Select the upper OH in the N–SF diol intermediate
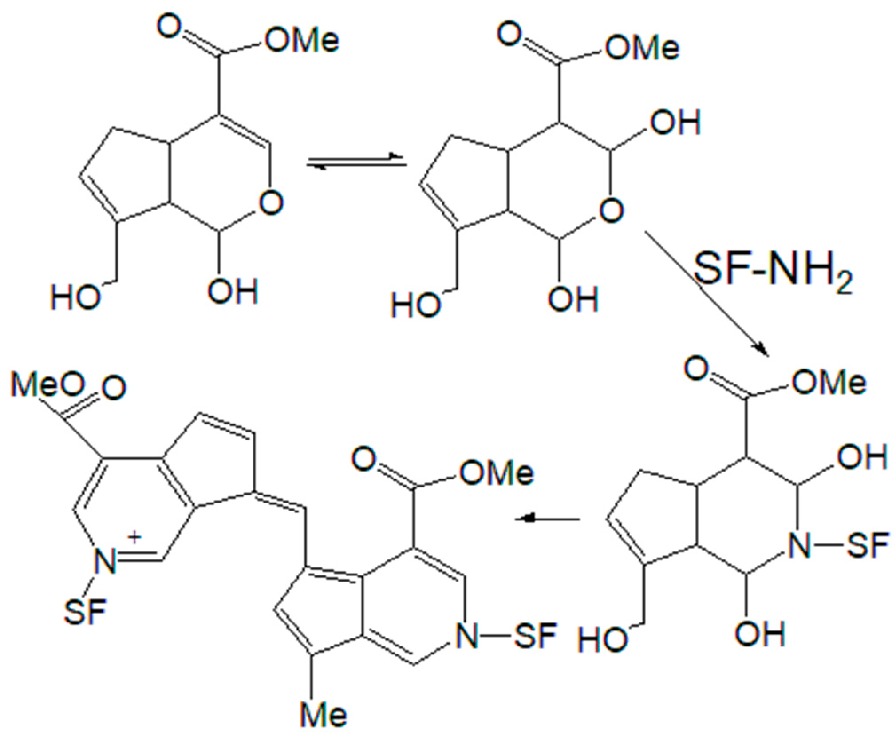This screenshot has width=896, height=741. (x=862, y=455)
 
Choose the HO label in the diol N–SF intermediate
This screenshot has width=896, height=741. (x=603, y=639)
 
